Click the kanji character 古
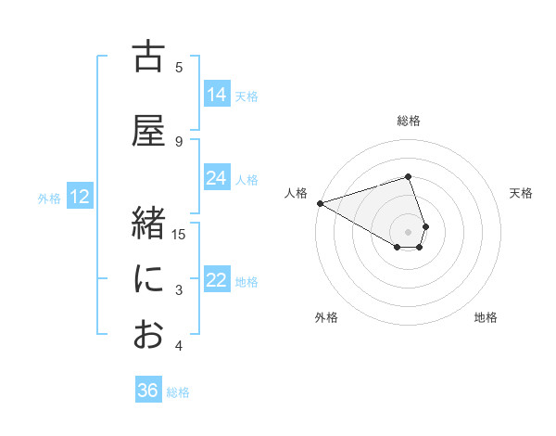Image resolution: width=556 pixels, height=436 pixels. (x=149, y=58)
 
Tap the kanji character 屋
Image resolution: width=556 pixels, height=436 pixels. (x=149, y=132)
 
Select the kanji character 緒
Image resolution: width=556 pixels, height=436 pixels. (x=149, y=224)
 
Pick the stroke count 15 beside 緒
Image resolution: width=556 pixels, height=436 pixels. (x=180, y=235)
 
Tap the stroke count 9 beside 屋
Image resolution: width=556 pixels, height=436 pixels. (x=179, y=142)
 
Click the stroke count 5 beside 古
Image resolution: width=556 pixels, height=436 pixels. (x=179, y=68)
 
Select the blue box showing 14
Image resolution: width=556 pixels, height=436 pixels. (x=217, y=95)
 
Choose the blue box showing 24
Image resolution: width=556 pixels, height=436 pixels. (x=217, y=178)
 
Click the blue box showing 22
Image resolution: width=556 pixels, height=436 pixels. (x=217, y=280)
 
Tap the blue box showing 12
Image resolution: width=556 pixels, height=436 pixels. (x=79, y=197)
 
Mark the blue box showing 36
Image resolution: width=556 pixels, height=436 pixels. (x=148, y=391)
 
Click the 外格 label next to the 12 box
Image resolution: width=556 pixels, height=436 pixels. (x=49, y=198)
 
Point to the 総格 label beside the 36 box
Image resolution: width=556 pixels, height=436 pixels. (x=178, y=391)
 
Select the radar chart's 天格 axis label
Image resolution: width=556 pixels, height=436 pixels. (x=522, y=193)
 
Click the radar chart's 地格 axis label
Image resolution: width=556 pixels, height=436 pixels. (x=486, y=317)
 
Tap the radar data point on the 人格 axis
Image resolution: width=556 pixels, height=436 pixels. (x=320, y=203)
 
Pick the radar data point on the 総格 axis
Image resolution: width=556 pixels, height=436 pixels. (x=409, y=176)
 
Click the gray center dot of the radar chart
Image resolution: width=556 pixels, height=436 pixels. (x=409, y=231)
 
